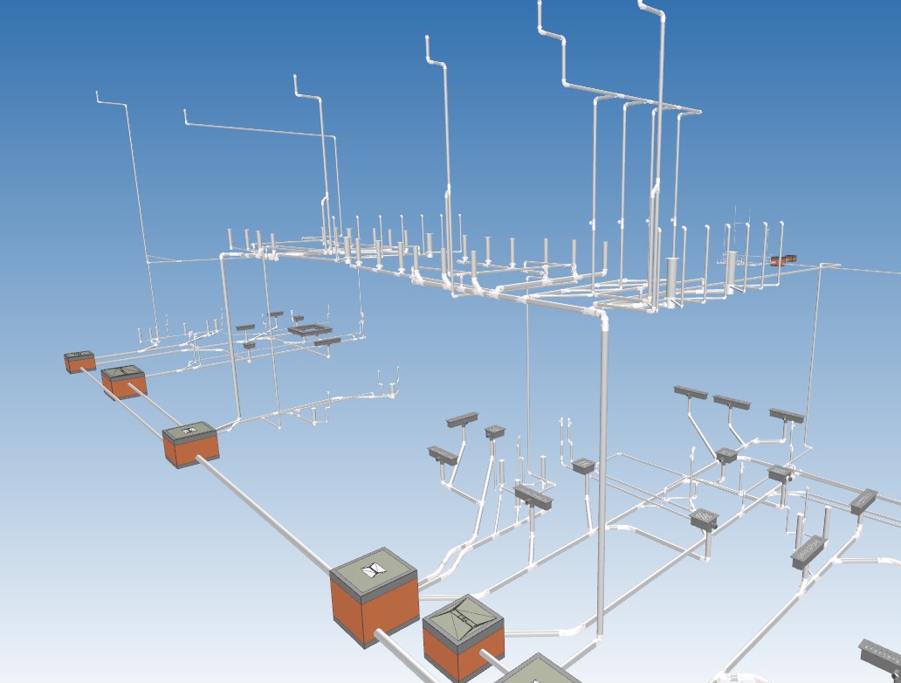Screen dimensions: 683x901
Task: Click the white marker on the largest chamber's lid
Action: click(375, 569)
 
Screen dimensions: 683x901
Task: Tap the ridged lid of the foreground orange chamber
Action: click(463, 619)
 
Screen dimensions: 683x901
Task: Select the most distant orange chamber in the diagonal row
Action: click(79, 360)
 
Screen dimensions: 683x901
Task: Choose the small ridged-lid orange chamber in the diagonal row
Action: click(123, 382)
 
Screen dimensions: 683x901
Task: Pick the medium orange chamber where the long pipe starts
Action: click(190, 443)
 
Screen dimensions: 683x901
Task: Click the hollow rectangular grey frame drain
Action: click(310, 330)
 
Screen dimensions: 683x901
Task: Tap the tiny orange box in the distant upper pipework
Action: click(778, 260)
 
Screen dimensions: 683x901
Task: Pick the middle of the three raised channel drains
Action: click(731, 403)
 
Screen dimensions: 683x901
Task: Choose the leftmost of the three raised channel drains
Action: click(691, 392)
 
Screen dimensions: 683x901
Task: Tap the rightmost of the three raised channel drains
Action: click(786, 416)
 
